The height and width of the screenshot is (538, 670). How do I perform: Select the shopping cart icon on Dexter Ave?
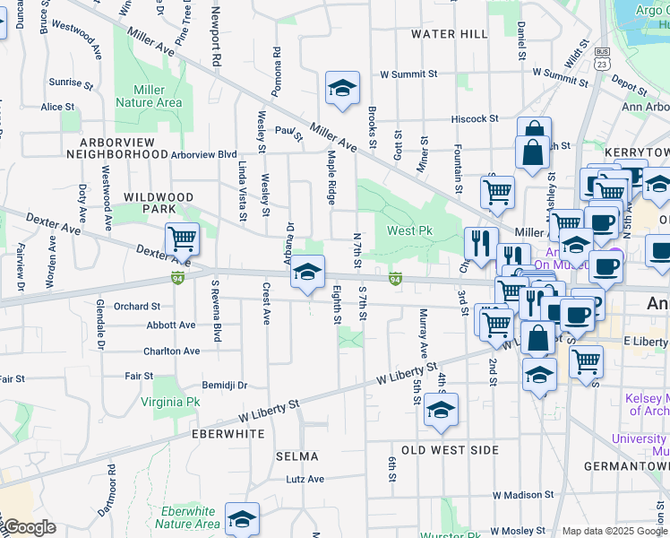pyautogui.click(x=182, y=239)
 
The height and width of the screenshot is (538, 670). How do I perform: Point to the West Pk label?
pyautogui.click(x=409, y=231)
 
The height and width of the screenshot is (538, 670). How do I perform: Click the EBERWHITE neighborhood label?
pyautogui.click(x=228, y=433)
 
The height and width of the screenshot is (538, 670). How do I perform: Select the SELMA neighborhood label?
pyautogui.click(x=297, y=456)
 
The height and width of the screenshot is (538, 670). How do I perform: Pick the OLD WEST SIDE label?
pyautogui.click(x=449, y=449)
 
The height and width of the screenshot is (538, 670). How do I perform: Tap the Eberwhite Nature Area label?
pyautogui.click(x=187, y=517)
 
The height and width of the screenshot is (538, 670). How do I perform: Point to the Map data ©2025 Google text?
pyautogui.click(x=614, y=531)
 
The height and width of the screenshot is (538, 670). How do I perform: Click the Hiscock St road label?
pyautogui.click(x=475, y=118)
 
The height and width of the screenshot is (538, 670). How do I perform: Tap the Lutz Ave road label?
pyautogui.click(x=305, y=479)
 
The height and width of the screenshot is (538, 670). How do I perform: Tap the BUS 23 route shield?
pyautogui.click(x=602, y=59)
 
